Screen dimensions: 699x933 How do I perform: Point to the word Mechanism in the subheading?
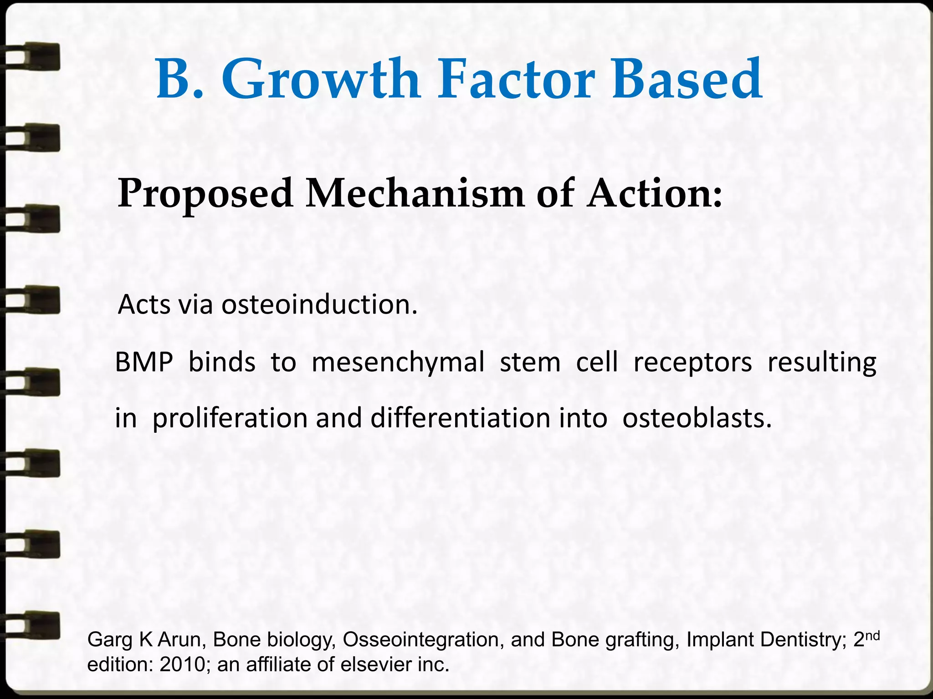click(x=415, y=194)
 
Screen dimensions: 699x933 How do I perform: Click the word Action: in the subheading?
click(x=654, y=194)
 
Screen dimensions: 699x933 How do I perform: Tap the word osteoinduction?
click(x=319, y=304)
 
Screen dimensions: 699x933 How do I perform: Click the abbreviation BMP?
click(x=144, y=363)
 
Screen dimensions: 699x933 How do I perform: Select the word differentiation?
click(x=460, y=418)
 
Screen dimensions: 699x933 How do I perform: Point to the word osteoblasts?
click(x=697, y=418)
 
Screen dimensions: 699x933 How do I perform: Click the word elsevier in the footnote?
click(x=378, y=665)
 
